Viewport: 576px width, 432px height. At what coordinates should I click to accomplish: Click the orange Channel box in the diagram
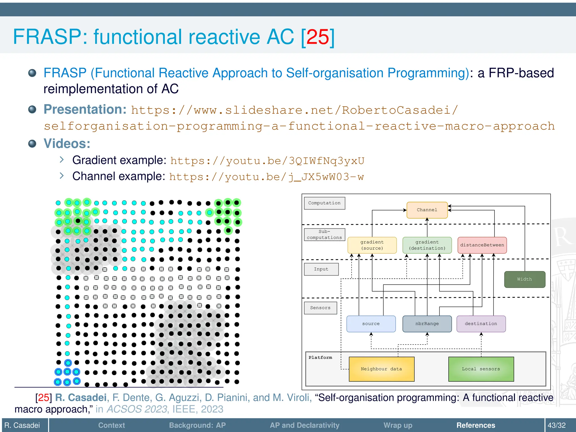427,210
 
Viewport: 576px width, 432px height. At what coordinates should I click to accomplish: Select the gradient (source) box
372,245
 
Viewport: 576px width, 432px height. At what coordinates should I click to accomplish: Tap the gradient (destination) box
427,245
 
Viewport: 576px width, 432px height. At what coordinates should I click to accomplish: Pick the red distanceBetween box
482,245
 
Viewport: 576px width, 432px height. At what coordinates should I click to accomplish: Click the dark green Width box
525,279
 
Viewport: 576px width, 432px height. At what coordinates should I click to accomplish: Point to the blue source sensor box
371,324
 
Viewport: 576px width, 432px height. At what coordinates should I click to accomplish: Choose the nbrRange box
427,324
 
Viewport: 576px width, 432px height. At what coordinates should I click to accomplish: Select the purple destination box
481,324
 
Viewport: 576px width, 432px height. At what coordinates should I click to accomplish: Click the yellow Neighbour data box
381,369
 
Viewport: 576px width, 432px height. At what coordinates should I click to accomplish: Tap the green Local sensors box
481,369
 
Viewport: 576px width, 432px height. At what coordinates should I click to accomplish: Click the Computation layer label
324,203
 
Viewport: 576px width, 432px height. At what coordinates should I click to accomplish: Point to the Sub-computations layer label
324,235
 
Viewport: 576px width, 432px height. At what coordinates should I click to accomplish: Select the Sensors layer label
320,308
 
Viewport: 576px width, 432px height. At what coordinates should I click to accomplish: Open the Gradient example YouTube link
267,161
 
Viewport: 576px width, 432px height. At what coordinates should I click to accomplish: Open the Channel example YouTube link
266,177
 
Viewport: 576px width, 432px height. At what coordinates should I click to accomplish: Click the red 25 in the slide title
318,37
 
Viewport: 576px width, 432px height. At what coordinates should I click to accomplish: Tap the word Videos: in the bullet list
67,144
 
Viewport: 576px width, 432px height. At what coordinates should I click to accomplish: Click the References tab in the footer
476,425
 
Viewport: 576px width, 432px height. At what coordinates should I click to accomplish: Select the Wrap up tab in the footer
398,425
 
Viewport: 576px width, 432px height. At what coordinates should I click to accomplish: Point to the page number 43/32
556,425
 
